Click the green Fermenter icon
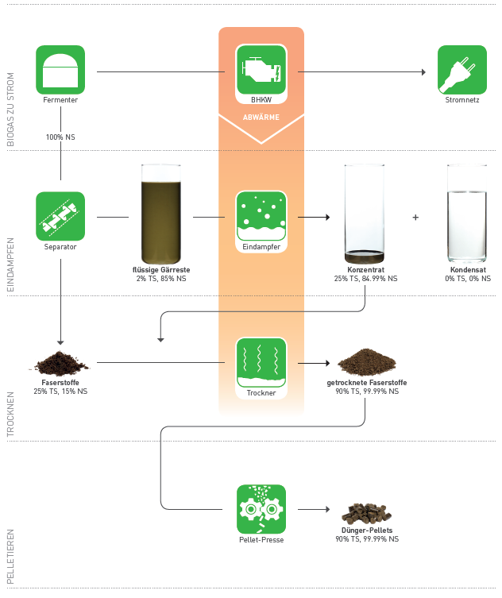coord(60,70)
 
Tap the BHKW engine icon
coord(261,70)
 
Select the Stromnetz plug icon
coord(461,70)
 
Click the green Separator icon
coord(60,216)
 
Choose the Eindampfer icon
coord(261,216)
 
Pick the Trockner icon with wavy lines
coord(261,362)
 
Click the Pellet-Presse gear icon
coord(261,508)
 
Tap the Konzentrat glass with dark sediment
coord(365,214)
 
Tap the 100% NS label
coord(60,137)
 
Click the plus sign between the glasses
coord(415,217)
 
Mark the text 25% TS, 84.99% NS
coord(366,279)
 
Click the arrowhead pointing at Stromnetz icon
coord(423,71)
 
